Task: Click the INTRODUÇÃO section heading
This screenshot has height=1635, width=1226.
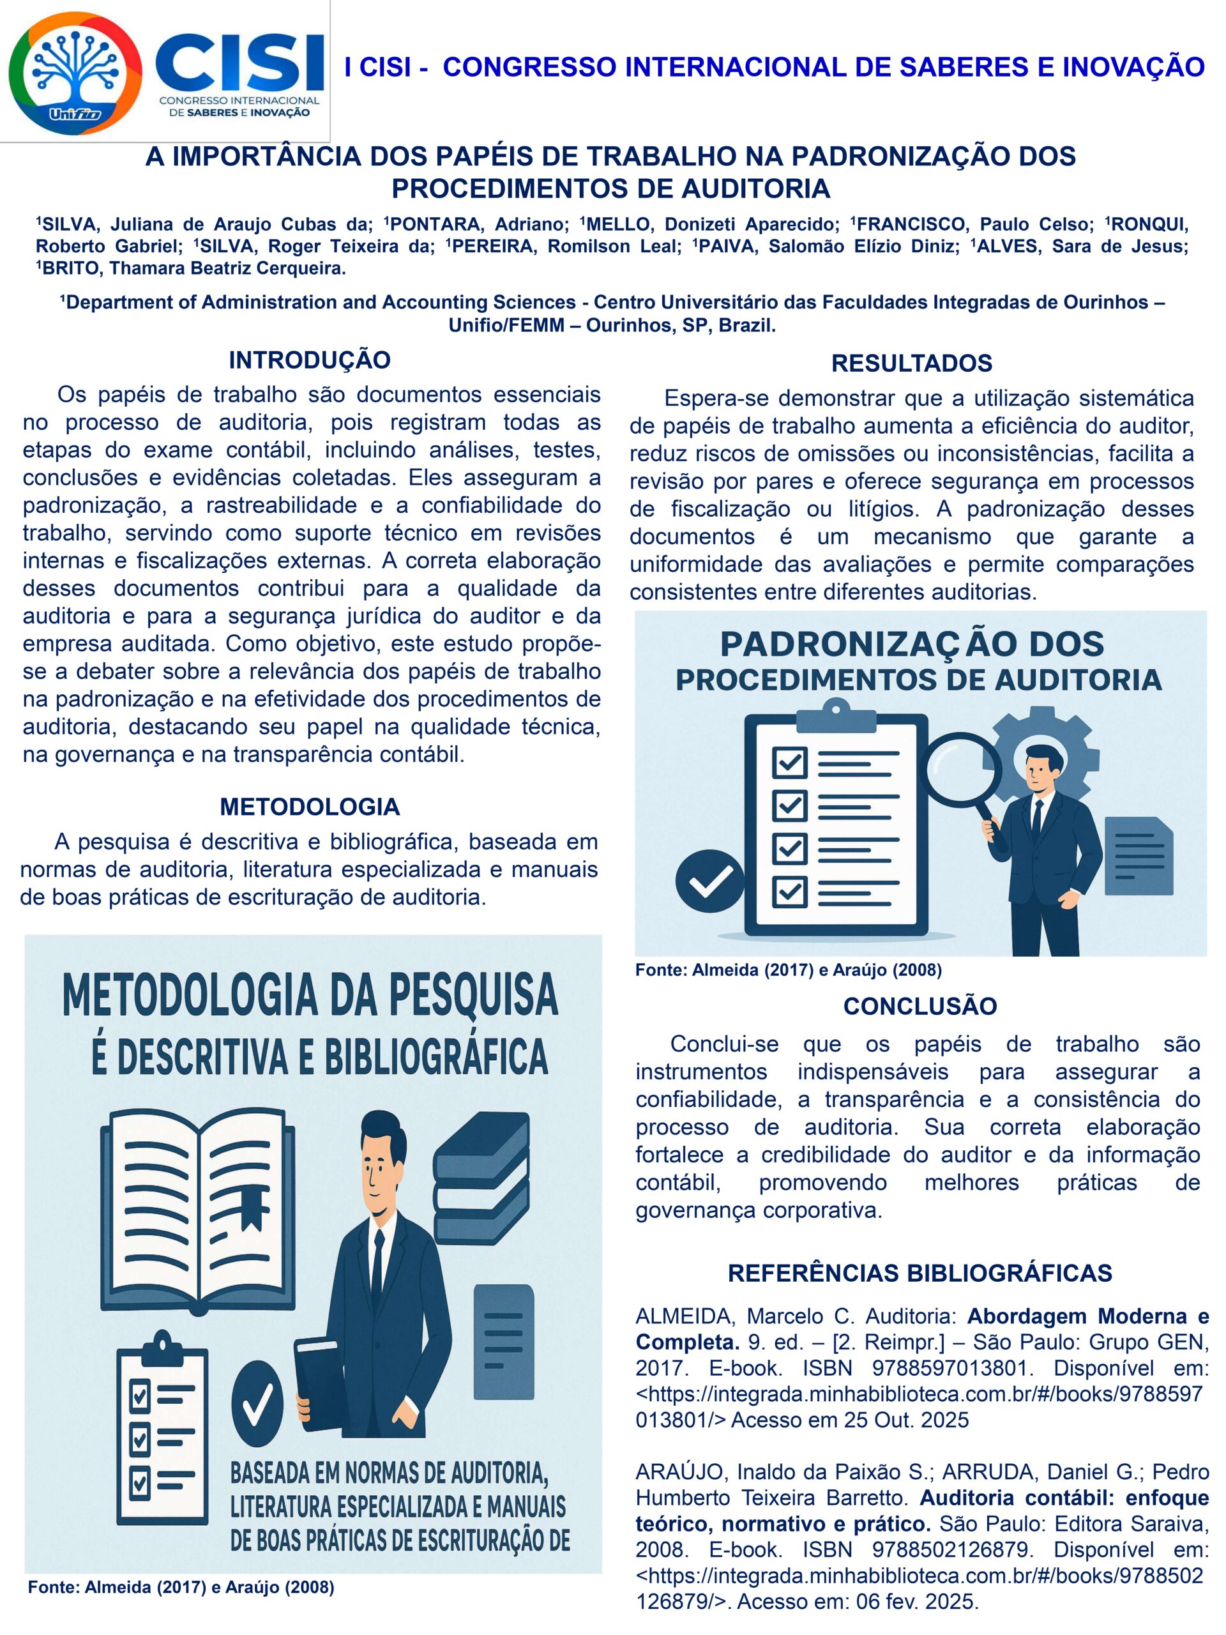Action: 309,360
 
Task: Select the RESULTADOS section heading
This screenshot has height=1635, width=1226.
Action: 911,363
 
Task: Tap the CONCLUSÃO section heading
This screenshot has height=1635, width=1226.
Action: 919,1006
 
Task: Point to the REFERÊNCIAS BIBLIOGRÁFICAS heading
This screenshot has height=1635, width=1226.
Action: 919,1273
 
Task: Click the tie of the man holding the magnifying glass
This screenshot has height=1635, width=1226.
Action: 1036,817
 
